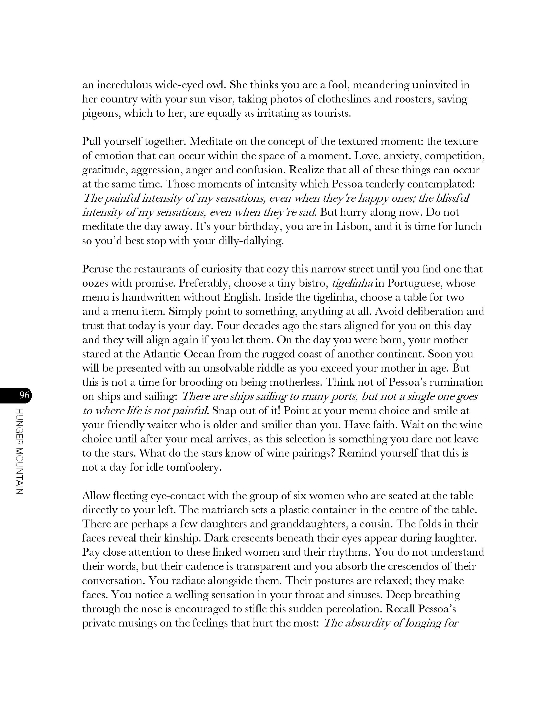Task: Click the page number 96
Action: click(x=24, y=395)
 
